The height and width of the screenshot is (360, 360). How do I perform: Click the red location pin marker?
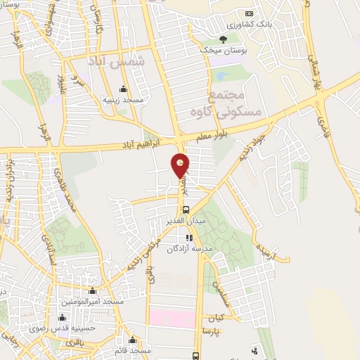click(181, 166)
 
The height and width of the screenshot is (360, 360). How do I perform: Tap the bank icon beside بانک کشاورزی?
click(248, 14)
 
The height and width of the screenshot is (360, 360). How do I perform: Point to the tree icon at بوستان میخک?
click(224, 39)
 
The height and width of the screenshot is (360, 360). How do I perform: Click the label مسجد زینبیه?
click(124, 100)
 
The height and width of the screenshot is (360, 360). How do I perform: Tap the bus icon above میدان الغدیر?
click(185, 210)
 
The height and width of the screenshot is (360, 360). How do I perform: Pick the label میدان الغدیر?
click(186, 221)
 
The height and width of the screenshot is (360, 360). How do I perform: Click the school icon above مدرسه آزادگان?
click(188, 238)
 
